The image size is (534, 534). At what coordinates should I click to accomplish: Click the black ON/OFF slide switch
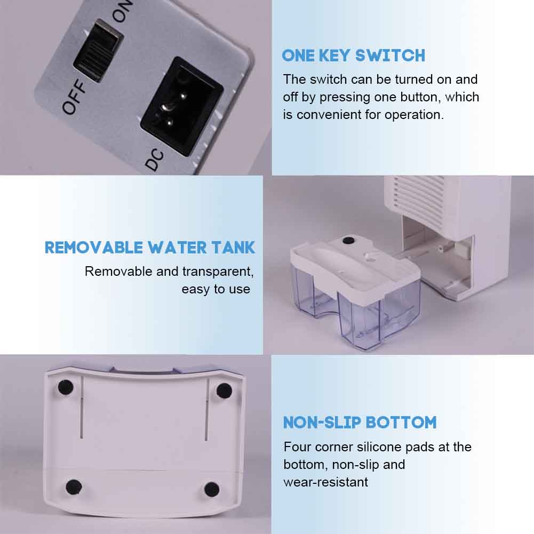coord(98,51)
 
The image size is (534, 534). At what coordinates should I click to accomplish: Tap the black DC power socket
coord(181,106)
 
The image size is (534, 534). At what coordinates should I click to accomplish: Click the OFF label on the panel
coord(74,98)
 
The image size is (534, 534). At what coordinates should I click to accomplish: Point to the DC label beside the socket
coord(154,160)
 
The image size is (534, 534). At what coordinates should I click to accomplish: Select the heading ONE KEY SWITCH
coord(354,56)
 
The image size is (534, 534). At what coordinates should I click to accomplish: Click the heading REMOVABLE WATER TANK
coord(150,248)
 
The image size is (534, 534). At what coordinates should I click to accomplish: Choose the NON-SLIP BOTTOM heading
coord(360,423)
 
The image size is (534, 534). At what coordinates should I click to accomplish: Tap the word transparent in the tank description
coord(218,272)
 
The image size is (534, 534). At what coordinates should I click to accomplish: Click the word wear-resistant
coord(325,482)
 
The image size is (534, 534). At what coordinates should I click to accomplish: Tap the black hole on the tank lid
coord(348,241)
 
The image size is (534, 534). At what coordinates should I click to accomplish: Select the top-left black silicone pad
coord(66,387)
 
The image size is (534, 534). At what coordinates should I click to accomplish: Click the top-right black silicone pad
coord(224,390)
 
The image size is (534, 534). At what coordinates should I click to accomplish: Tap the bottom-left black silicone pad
coord(74,487)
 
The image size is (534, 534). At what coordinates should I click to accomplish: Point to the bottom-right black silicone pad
coord(211,489)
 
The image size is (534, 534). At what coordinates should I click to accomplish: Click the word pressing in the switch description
coord(345,98)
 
